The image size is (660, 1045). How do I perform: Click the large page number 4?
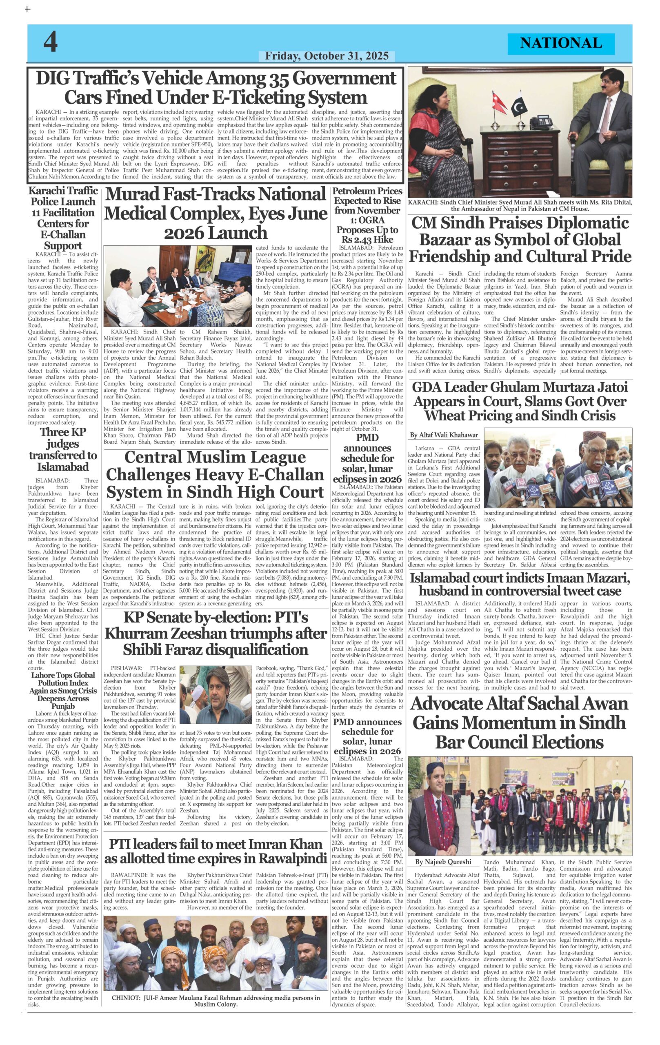point(50,42)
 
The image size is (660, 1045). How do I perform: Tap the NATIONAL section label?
point(561,43)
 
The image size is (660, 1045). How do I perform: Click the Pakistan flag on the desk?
point(519,104)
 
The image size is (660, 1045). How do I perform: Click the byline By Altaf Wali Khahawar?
point(444,434)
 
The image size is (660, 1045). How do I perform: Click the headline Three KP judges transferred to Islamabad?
point(63,449)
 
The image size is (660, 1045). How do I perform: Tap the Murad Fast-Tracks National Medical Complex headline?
point(216,213)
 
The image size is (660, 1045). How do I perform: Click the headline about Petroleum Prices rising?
point(367,215)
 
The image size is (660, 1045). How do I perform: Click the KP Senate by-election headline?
point(216,633)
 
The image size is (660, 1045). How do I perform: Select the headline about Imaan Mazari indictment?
point(520,584)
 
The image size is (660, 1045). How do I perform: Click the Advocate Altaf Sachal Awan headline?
point(520,722)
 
